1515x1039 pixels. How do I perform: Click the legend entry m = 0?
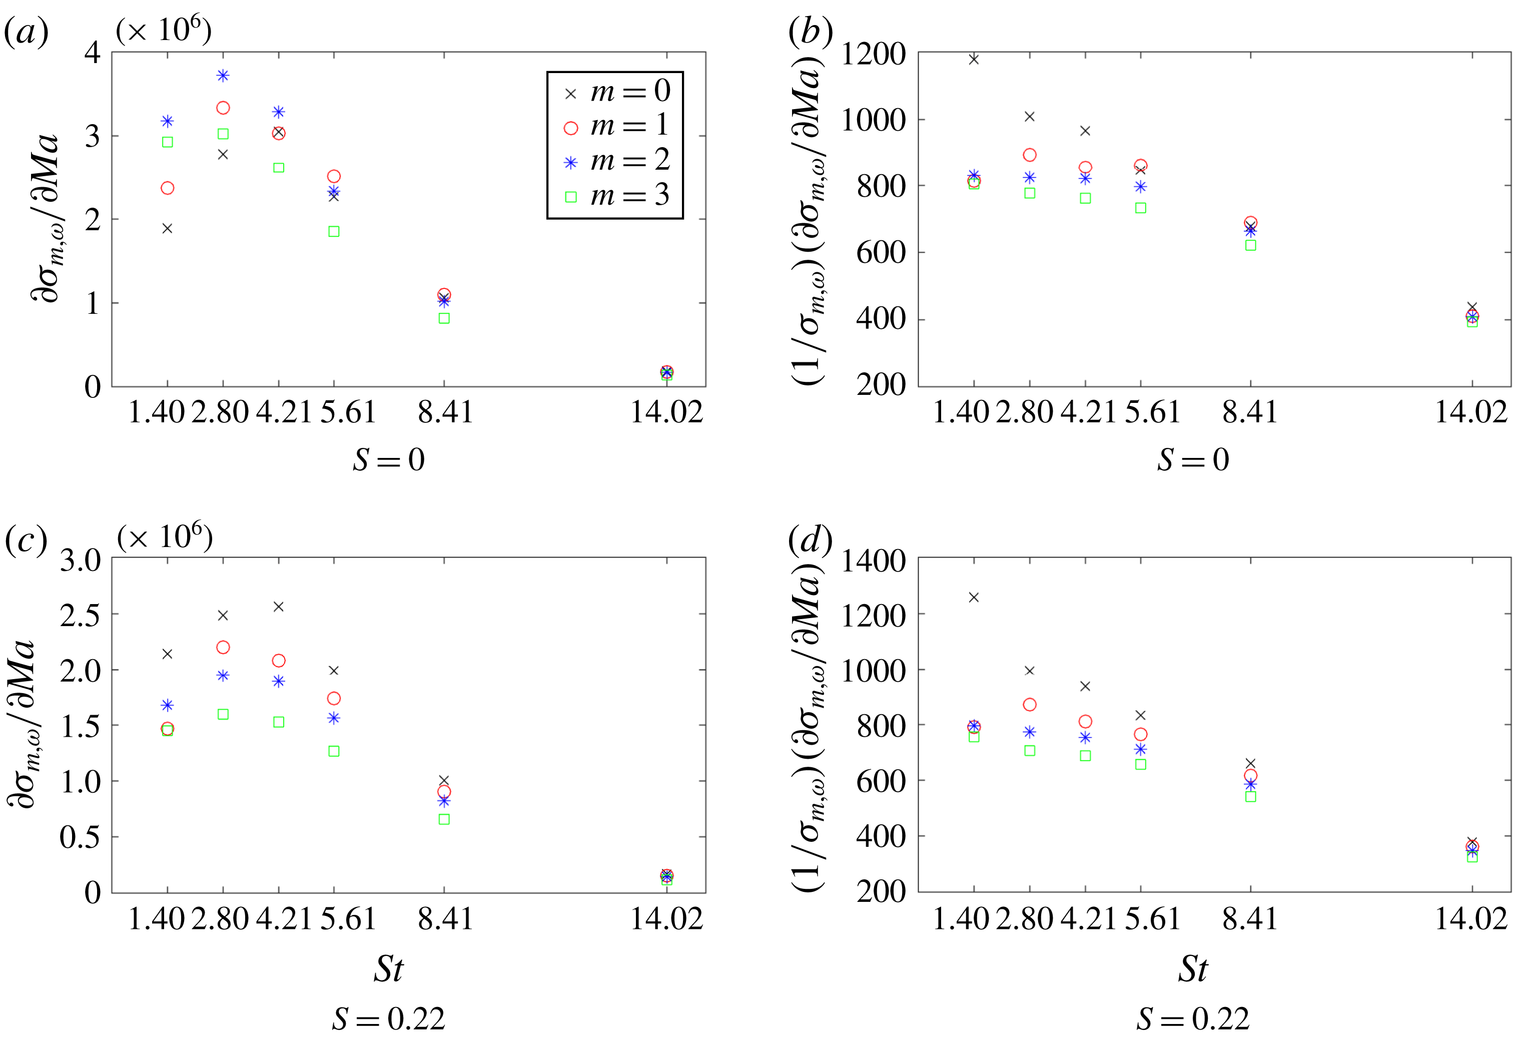(x=616, y=92)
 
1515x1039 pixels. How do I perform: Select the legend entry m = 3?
(x=616, y=196)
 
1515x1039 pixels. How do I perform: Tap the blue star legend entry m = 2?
(x=616, y=161)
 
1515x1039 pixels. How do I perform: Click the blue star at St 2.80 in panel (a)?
(x=223, y=76)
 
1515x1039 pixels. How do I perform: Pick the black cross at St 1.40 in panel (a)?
(x=168, y=228)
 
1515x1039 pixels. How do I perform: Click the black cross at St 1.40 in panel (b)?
(x=974, y=60)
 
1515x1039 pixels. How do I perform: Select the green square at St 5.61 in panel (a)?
(x=334, y=232)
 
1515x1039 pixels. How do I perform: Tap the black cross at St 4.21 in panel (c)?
(x=278, y=607)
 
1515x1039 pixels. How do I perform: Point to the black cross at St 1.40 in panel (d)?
(x=974, y=598)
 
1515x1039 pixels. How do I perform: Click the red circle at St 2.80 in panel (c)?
(x=223, y=647)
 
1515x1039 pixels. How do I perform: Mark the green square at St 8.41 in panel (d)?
(x=1250, y=796)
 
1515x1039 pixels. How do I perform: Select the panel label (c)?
(x=26, y=539)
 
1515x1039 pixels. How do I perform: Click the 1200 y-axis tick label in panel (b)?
(x=874, y=54)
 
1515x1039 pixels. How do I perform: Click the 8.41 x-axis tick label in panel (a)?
(x=445, y=412)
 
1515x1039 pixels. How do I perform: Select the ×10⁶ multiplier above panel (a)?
(x=164, y=30)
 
